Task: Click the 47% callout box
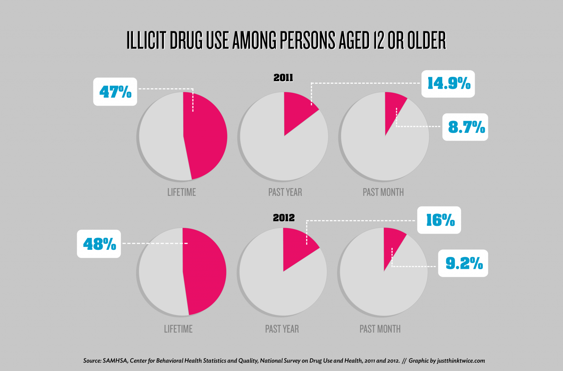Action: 115,92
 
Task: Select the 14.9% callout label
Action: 448,84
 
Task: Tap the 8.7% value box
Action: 465,127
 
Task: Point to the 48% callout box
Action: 99,244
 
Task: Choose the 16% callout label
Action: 439,220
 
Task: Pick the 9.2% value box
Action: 463,263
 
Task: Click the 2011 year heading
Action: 283,78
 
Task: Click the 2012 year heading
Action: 284,218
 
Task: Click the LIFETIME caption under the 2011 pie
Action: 182,192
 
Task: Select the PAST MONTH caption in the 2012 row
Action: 380,329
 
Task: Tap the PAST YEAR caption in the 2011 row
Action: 285,192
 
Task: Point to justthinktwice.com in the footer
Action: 461,361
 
